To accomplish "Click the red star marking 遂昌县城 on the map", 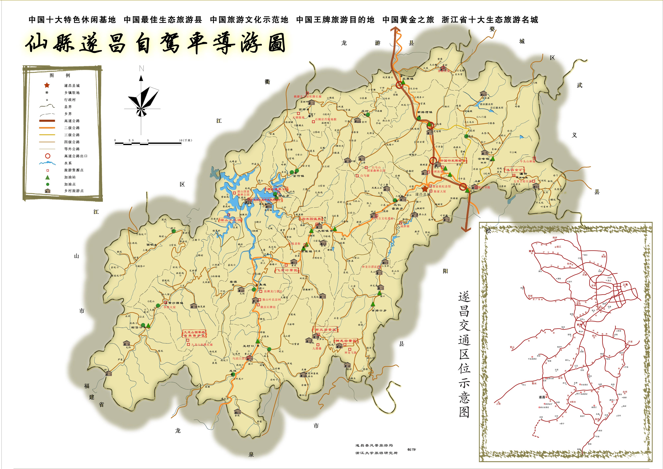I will (x=425, y=188).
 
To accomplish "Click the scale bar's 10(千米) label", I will (x=185, y=140).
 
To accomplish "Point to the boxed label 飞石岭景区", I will (x=287, y=270).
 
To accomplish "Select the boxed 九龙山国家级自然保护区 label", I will (x=194, y=334).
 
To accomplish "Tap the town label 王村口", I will (x=248, y=346).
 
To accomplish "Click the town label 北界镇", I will (x=408, y=79).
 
